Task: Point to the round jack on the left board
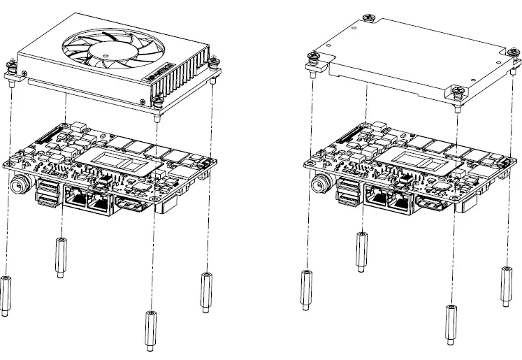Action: point(20,185)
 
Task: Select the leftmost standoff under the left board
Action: point(6,293)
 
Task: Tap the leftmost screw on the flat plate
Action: point(312,59)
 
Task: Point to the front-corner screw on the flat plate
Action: point(458,92)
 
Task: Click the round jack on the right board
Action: point(319,185)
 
